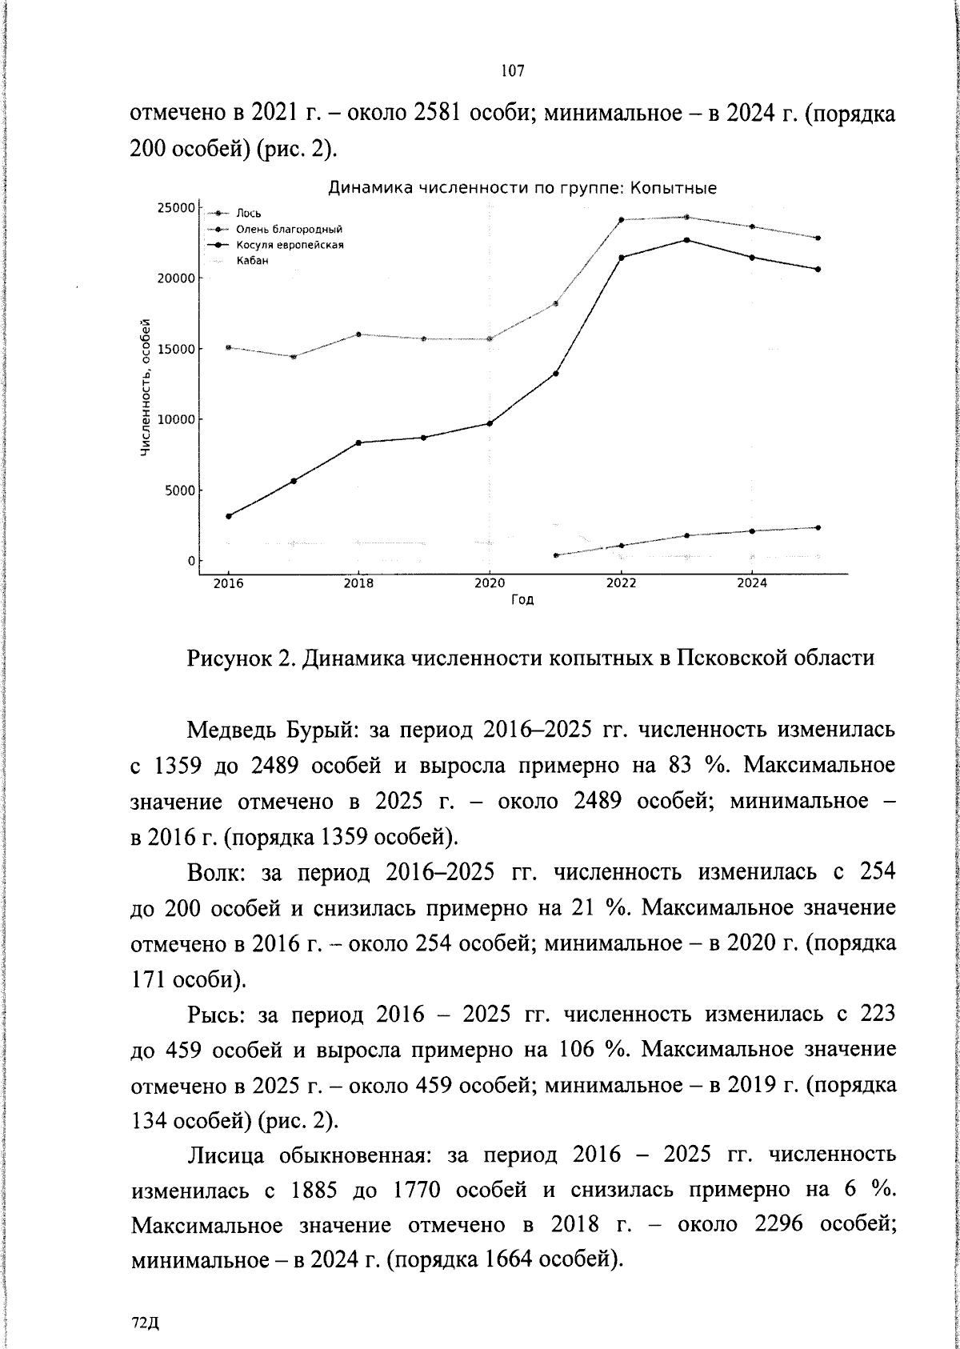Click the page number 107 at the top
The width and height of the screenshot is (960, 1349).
point(513,71)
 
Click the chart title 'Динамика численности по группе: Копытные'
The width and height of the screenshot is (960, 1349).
point(522,189)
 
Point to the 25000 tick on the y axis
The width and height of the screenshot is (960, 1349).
point(175,208)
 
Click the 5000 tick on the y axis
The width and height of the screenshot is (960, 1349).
point(179,490)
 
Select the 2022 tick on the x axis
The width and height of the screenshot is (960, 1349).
point(621,583)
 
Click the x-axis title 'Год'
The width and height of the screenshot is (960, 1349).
point(522,600)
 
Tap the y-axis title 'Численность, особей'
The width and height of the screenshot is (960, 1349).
point(146,388)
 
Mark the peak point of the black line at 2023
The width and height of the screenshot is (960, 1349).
point(686,240)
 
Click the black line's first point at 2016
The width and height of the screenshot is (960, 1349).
point(229,516)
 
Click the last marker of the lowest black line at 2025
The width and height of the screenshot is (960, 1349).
point(817,527)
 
